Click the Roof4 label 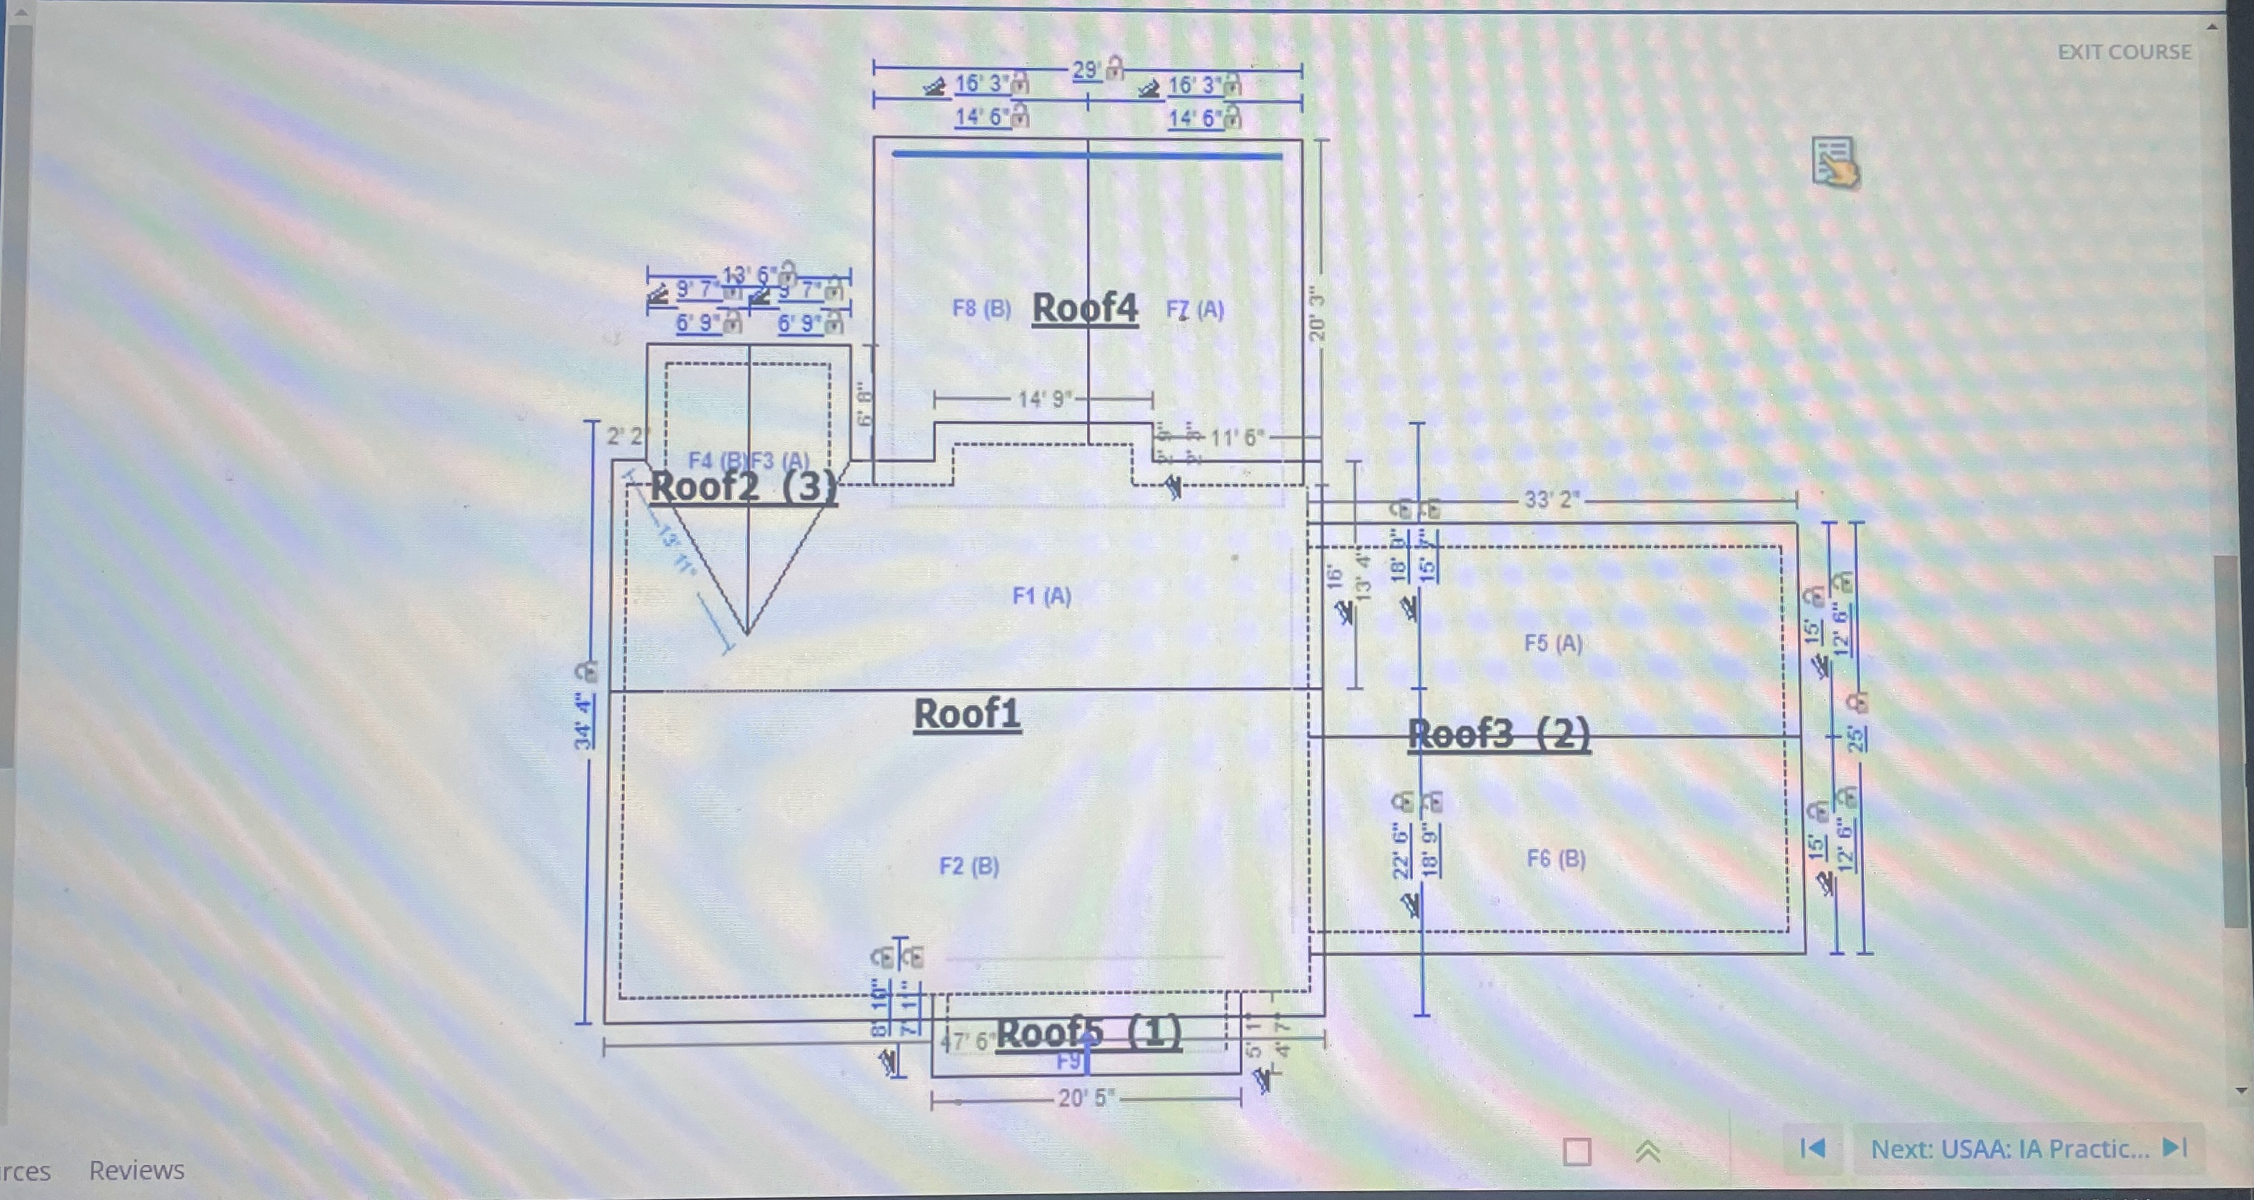pyautogui.click(x=1084, y=308)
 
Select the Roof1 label pyautogui.click(x=967, y=713)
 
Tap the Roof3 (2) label pyautogui.click(x=1498, y=734)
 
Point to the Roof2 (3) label pyautogui.click(x=743, y=487)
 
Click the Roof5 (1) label pyautogui.click(x=1088, y=1033)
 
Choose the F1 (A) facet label pyautogui.click(x=1041, y=596)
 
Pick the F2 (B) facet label pyautogui.click(x=969, y=866)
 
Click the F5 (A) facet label pyautogui.click(x=1552, y=643)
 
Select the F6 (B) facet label pyautogui.click(x=1556, y=858)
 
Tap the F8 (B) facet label pyautogui.click(x=981, y=309)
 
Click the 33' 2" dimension pyautogui.click(x=1552, y=499)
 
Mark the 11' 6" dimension pyautogui.click(x=1236, y=437)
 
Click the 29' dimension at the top pyautogui.click(x=1086, y=70)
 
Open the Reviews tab pyautogui.click(x=136, y=1169)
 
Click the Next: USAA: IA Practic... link pyautogui.click(x=2009, y=1149)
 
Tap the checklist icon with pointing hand pyautogui.click(x=1835, y=162)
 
